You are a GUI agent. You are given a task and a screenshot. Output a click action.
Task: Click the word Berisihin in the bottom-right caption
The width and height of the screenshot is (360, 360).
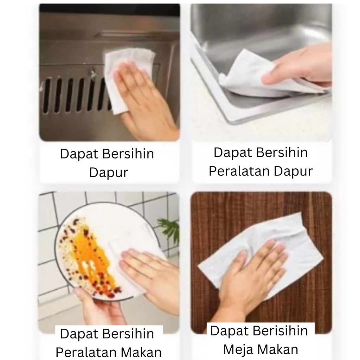coord(280,331)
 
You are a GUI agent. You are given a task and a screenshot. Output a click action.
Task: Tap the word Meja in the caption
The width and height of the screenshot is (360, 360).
coord(237,350)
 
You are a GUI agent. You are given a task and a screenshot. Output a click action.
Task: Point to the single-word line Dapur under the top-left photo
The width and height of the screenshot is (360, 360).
coord(109,173)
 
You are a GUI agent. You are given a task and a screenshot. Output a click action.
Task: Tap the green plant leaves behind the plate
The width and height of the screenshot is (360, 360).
coord(168,228)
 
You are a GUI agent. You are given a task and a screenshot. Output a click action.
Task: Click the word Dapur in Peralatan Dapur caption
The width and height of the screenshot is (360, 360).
coord(293,172)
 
